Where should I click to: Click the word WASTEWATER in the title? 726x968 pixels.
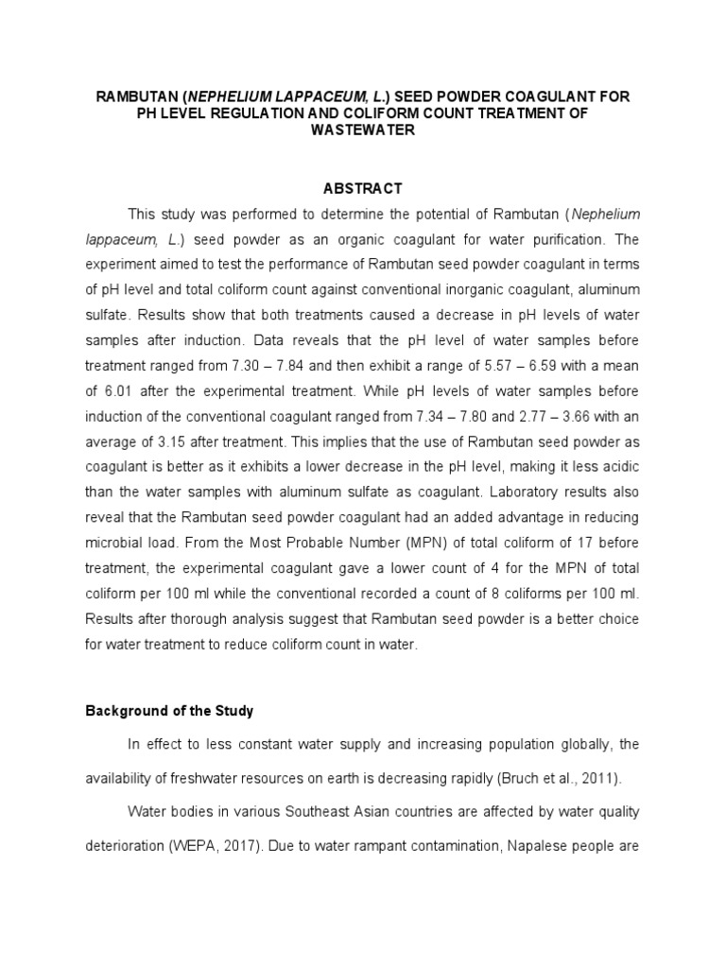(x=363, y=131)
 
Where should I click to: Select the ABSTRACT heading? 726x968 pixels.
(x=363, y=188)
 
